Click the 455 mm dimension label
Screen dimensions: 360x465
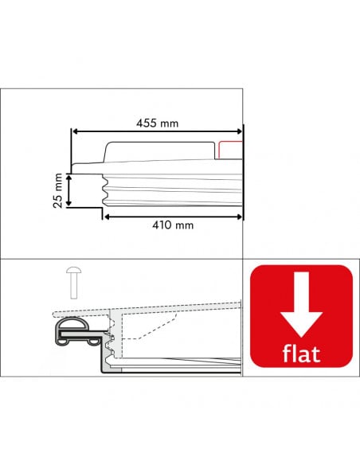[158, 123]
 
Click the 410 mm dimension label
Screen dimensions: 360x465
[173, 225]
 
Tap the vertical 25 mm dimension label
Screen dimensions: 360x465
[58, 190]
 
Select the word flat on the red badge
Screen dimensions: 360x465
[301, 353]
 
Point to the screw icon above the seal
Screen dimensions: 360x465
[74, 283]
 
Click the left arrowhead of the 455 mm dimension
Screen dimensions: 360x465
[75, 131]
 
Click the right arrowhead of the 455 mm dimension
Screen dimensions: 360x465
[240, 131]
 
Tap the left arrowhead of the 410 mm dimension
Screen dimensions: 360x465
[108, 217]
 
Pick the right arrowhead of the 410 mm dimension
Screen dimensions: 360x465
[240, 217]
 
